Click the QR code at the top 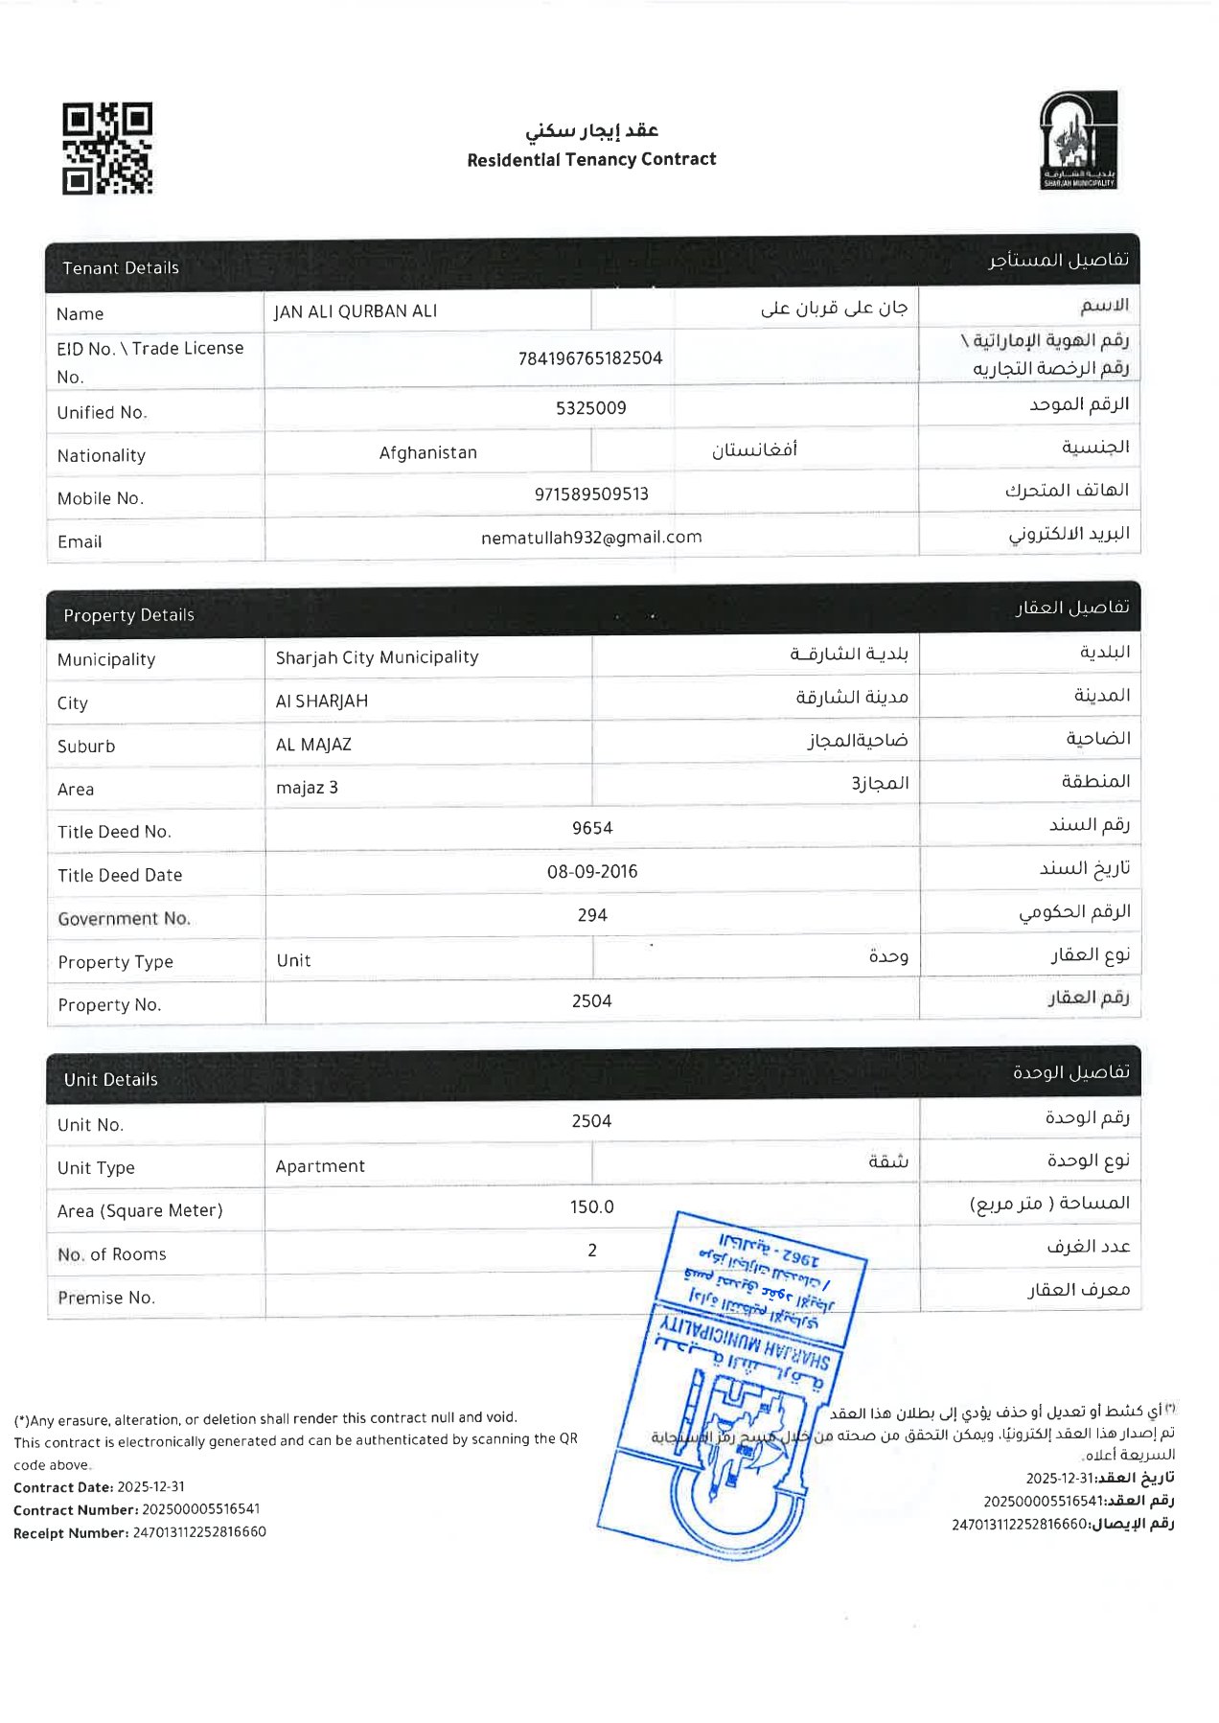click(107, 149)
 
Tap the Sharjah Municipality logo click(1078, 140)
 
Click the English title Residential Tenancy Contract click(591, 160)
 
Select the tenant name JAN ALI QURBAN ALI click(356, 311)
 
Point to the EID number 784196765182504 click(590, 358)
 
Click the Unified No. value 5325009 click(590, 408)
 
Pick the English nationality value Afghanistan click(427, 452)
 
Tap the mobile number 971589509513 click(591, 494)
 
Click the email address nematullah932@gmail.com click(591, 538)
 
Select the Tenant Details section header click(121, 268)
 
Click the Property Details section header click(128, 615)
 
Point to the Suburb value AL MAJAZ click(313, 745)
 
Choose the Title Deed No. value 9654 click(592, 828)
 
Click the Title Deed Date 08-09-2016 click(592, 871)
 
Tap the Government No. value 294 click(592, 915)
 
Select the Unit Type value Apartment click(320, 1166)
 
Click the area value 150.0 click(592, 1207)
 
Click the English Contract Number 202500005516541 click(201, 1509)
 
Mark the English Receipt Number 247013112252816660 click(199, 1532)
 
